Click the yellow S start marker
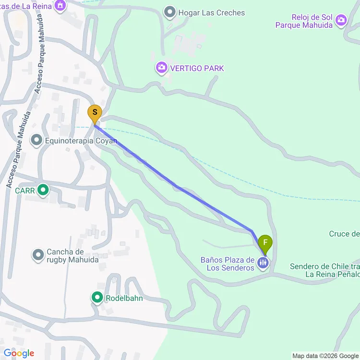point(95,114)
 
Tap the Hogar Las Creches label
point(212,13)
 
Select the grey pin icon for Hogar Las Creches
point(169,12)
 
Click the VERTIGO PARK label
point(196,68)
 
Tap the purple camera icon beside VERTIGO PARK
point(162,68)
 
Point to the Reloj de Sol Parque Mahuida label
point(304,21)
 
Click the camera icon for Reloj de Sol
point(341,20)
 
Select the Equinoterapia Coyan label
point(74,141)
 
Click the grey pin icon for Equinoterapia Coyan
point(36,140)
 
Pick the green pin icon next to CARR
point(43,191)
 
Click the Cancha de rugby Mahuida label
point(65,256)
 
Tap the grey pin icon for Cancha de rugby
point(38,255)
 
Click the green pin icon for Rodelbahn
point(97,298)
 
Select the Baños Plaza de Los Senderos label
point(228,264)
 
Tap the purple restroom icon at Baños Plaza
point(263,263)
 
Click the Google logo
point(19,353)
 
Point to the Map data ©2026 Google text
point(324,356)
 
